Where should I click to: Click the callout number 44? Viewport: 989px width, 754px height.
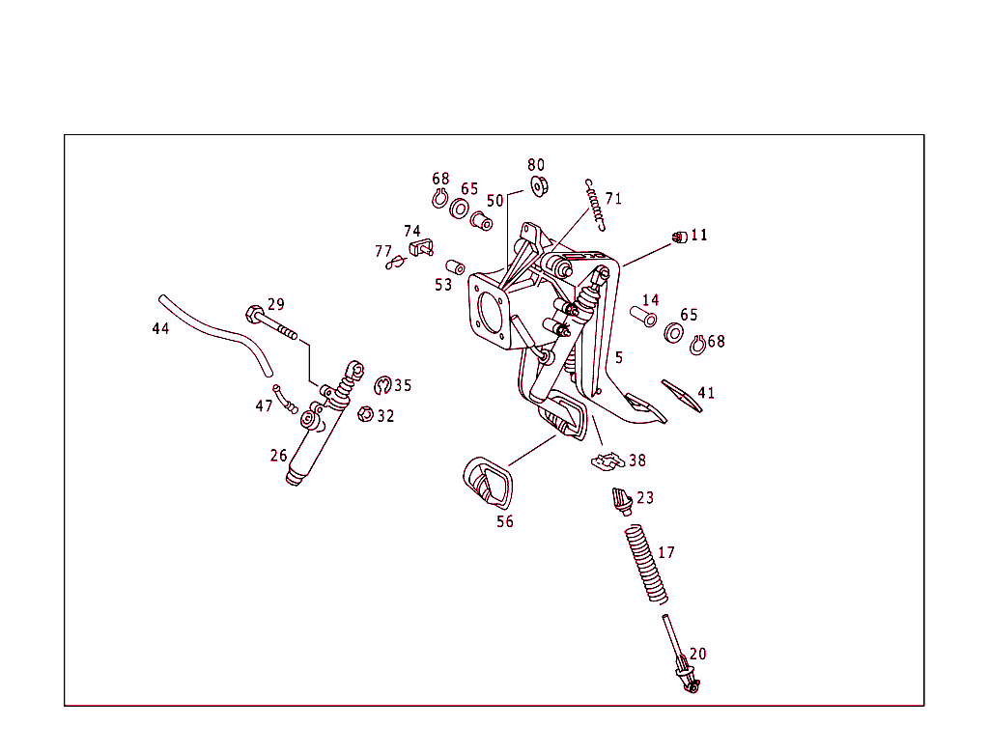point(160,329)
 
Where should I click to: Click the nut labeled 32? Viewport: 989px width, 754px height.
point(365,415)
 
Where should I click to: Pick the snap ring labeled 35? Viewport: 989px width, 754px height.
point(382,387)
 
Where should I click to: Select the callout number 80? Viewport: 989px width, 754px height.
point(536,165)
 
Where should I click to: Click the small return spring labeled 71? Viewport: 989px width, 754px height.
point(595,205)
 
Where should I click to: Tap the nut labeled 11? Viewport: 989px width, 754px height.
point(679,236)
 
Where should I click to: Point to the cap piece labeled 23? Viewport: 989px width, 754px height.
point(621,501)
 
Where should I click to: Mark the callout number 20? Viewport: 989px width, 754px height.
point(697,654)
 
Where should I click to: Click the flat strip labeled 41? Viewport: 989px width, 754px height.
point(682,394)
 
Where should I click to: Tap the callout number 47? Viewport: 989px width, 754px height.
point(264,406)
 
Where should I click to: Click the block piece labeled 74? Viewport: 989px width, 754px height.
point(420,247)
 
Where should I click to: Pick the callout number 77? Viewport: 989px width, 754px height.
point(383,252)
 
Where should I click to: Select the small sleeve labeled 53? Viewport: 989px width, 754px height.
point(455,266)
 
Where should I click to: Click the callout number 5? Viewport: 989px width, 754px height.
point(619,357)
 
